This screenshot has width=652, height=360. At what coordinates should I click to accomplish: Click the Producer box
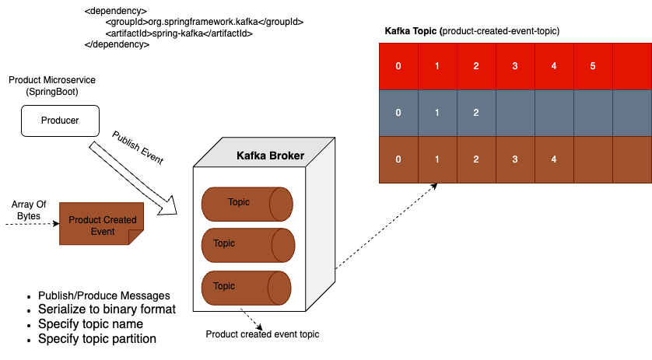(59, 121)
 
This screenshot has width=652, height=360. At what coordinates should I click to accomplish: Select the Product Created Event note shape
(102, 225)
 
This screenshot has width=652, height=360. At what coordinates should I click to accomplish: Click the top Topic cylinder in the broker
(247, 203)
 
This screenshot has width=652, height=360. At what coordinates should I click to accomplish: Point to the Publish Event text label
(138, 148)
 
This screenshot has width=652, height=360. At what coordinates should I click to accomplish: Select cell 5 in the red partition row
(592, 66)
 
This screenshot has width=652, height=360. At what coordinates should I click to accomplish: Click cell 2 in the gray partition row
(475, 113)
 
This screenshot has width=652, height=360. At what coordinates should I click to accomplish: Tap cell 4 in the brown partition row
(553, 159)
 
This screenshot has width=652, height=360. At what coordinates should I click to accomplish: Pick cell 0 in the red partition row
(398, 66)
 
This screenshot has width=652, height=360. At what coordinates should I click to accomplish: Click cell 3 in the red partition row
(514, 66)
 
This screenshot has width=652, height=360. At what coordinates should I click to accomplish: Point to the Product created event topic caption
(262, 334)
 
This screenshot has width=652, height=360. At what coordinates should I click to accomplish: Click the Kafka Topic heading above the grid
(471, 30)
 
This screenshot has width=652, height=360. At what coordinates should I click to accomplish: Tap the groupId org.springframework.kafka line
(194, 23)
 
